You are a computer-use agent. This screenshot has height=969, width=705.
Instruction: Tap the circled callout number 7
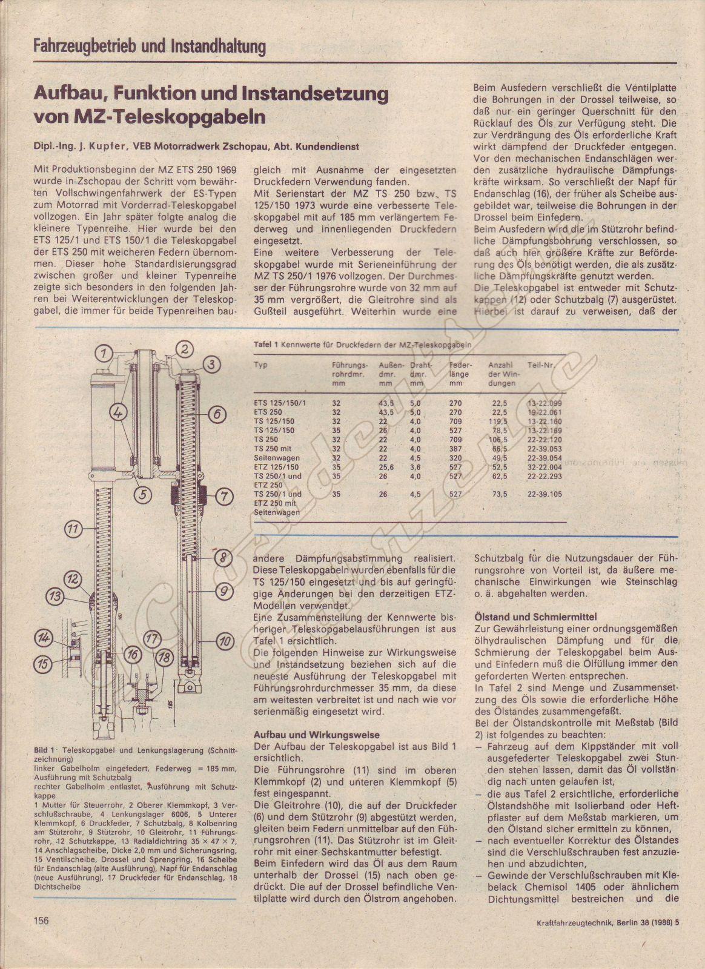[x=223, y=497]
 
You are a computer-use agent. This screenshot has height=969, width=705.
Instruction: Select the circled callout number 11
[x=73, y=529]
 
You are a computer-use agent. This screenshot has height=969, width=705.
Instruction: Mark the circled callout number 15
[x=43, y=664]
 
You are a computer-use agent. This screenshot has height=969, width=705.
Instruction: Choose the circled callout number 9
[x=223, y=590]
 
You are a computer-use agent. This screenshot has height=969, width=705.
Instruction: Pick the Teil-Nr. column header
[x=541, y=365]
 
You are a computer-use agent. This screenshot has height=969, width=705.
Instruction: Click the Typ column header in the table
[x=260, y=365]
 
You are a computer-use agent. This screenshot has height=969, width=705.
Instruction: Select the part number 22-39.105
[x=544, y=494]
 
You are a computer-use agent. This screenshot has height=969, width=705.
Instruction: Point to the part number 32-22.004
[x=544, y=467]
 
